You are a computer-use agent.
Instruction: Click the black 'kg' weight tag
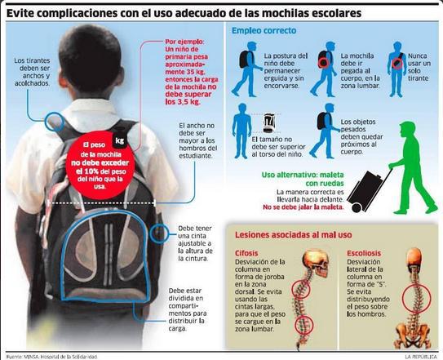(x=119, y=140)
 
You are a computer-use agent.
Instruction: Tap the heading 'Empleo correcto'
(x=264, y=30)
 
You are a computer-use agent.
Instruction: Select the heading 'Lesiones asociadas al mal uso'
(x=293, y=235)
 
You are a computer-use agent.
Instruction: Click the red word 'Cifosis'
(x=246, y=253)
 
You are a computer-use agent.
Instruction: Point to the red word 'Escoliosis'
(x=364, y=253)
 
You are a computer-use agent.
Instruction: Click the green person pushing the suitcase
(x=413, y=167)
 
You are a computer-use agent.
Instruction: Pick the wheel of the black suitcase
(x=357, y=208)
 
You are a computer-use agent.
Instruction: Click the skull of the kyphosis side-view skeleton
(x=316, y=262)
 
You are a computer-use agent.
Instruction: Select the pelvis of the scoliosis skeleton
(x=413, y=336)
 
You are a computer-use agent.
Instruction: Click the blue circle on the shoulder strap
(x=54, y=122)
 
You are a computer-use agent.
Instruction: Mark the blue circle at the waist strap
(x=159, y=233)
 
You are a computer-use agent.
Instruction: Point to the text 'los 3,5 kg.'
(x=183, y=102)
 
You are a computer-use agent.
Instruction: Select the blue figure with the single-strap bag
(x=396, y=69)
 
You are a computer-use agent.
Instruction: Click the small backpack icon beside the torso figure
(x=269, y=122)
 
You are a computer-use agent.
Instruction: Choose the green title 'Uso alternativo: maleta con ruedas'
(x=303, y=179)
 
